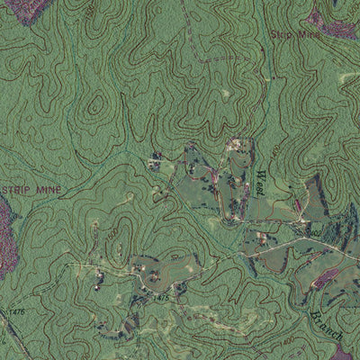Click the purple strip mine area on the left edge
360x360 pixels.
click(7, 238)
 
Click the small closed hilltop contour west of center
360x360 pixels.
click(94, 105)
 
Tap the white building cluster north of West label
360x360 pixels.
click(236, 144)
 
